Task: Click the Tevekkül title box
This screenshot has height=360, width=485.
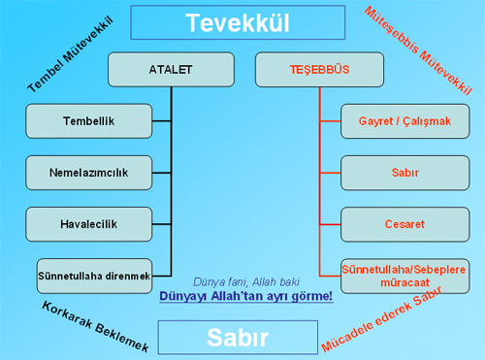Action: pyautogui.click(x=238, y=22)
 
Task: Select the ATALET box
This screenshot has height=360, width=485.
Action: pyautogui.click(x=171, y=70)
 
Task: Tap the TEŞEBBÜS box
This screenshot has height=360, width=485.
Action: pyautogui.click(x=319, y=70)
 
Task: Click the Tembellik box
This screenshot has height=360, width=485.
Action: pyautogui.click(x=89, y=121)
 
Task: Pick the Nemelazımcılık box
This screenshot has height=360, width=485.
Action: pyautogui.click(x=89, y=173)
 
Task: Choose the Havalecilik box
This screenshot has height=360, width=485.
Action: pyautogui.click(x=89, y=224)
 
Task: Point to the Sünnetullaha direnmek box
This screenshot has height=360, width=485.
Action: pyautogui.click(x=94, y=276)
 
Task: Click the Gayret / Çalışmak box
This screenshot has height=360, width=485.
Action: pyautogui.click(x=405, y=121)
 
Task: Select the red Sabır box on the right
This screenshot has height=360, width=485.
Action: pyautogui.click(x=405, y=173)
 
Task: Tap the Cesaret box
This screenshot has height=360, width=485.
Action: pyautogui.click(x=405, y=224)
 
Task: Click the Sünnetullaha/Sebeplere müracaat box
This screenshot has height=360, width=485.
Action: pyautogui.click(x=405, y=276)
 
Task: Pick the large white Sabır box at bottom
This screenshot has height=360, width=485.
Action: pyautogui.click(x=238, y=338)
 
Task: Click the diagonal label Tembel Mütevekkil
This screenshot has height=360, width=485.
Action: pyautogui.click(x=71, y=54)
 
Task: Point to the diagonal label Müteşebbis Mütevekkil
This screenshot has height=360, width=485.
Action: pyautogui.click(x=418, y=50)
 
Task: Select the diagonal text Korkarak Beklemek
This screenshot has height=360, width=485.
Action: pyautogui.click(x=95, y=326)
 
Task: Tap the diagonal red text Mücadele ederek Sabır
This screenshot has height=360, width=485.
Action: pyautogui.click(x=381, y=319)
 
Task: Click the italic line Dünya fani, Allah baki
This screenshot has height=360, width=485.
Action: pyautogui.click(x=246, y=282)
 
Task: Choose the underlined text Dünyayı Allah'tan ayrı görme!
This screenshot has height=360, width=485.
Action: pyautogui.click(x=246, y=296)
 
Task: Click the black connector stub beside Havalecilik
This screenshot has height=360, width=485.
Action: pyautogui.click(x=162, y=224)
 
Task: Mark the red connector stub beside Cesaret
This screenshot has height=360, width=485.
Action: pyautogui.click(x=330, y=224)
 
